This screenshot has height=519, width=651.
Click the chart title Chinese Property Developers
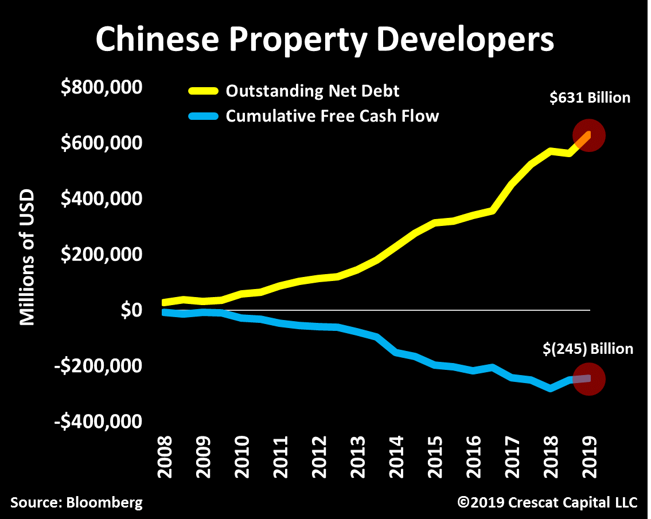coord(325,40)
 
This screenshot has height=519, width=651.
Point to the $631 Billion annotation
coord(590,98)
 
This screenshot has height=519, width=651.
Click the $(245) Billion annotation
coord(589,349)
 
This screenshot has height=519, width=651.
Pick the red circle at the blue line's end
coord(589,378)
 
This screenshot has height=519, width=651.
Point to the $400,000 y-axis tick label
coord(102,199)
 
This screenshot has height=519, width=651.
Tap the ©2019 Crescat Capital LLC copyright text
coord(547,503)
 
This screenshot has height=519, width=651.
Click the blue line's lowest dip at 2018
coord(551,388)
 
